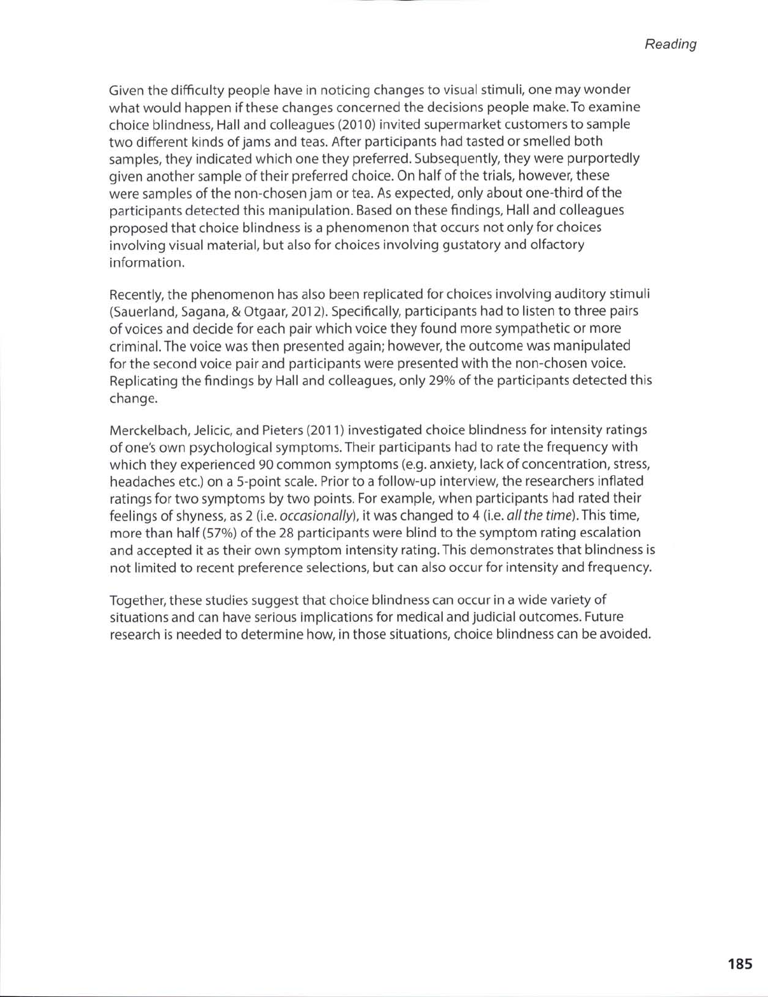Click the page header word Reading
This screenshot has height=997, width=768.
click(671, 44)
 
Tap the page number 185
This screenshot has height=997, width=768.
click(740, 963)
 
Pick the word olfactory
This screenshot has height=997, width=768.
click(560, 244)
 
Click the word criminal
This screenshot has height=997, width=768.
click(132, 346)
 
